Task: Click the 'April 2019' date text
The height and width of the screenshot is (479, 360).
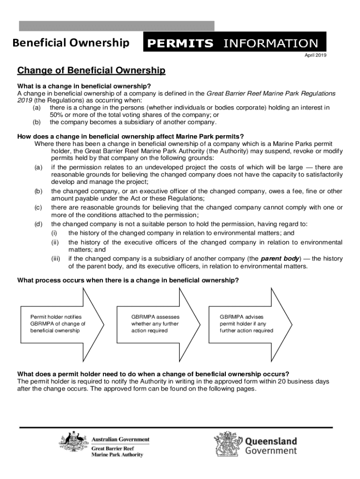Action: click(316, 55)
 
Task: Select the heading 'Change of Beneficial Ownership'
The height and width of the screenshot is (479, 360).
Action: click(91, 71)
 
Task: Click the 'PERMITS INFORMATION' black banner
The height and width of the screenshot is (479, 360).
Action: click(234, 44)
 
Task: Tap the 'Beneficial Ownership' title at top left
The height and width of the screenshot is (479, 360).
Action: click(71, 44)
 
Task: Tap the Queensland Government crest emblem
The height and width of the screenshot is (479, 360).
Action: click(228, 445)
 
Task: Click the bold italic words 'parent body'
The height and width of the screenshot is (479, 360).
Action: click(278, 258)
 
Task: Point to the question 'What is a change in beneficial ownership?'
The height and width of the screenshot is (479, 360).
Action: click(84, 86)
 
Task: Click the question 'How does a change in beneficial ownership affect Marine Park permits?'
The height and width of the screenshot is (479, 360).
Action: click(130, 137)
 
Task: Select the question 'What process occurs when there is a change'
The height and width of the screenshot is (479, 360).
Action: click(128, 280)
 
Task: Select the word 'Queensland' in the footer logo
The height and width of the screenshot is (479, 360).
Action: click(271, 441)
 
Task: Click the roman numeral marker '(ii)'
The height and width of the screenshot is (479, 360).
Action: click(56, 242)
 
